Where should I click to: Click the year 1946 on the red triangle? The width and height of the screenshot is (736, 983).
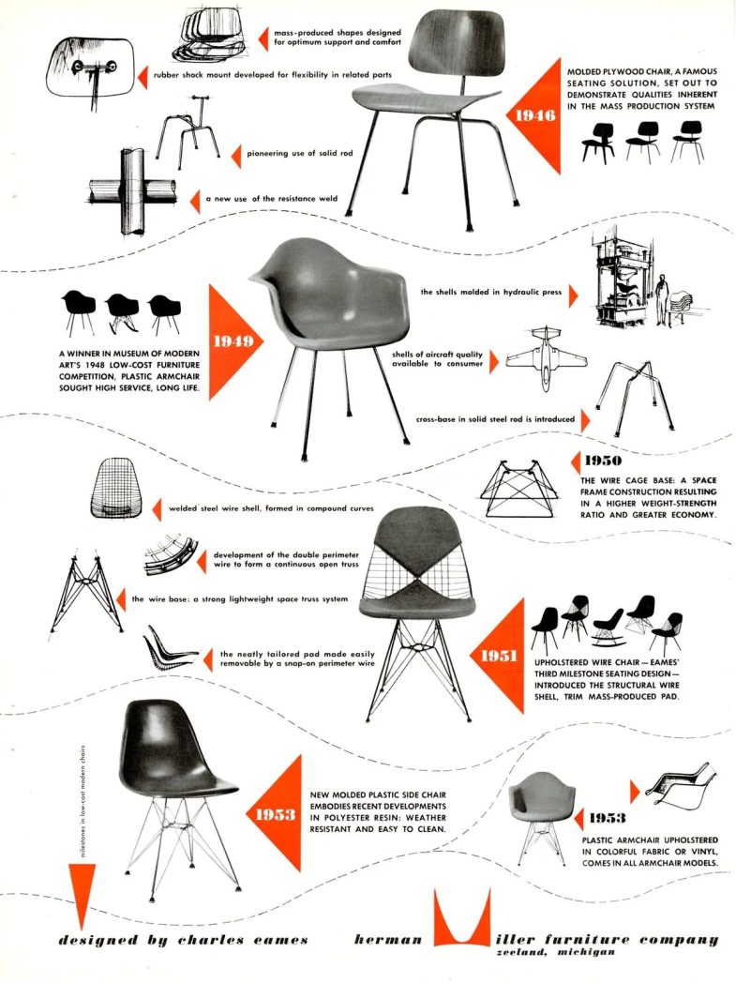[x=531, y=115]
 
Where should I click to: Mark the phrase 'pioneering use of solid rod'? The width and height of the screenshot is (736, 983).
[x=299, y=153]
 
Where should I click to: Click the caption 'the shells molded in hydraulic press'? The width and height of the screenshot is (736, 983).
[x=491, y=292]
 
